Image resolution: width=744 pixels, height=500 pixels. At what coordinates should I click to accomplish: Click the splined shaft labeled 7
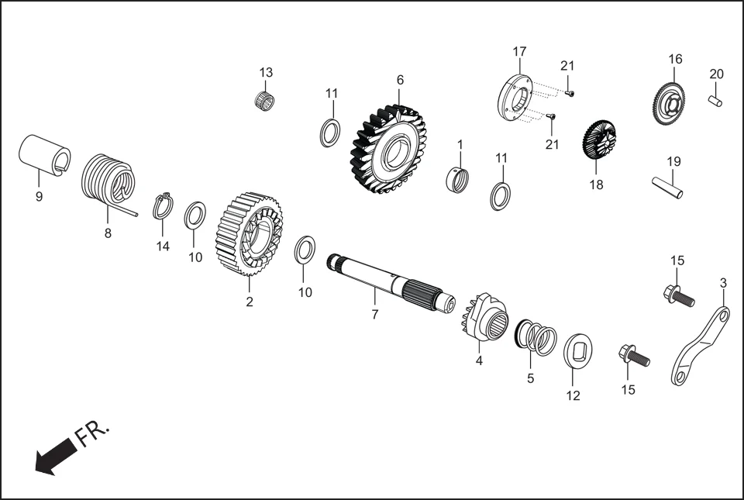coord(387,283)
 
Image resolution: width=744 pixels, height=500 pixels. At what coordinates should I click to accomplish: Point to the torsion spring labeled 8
coord(108,181)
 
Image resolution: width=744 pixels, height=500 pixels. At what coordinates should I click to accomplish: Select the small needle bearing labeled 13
coord(267,99)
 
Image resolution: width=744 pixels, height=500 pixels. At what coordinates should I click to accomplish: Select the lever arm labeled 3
coord(700,345)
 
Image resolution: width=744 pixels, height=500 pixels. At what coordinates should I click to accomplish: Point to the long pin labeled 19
coord(666,188)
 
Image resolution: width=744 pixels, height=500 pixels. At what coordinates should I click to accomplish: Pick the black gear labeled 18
coord(598,140)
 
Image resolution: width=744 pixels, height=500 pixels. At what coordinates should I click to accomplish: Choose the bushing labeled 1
coord(460,180)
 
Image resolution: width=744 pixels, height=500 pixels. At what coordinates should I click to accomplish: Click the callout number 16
coord(675,59)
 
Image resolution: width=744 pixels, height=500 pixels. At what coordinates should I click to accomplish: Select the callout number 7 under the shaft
coord(374,315)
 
